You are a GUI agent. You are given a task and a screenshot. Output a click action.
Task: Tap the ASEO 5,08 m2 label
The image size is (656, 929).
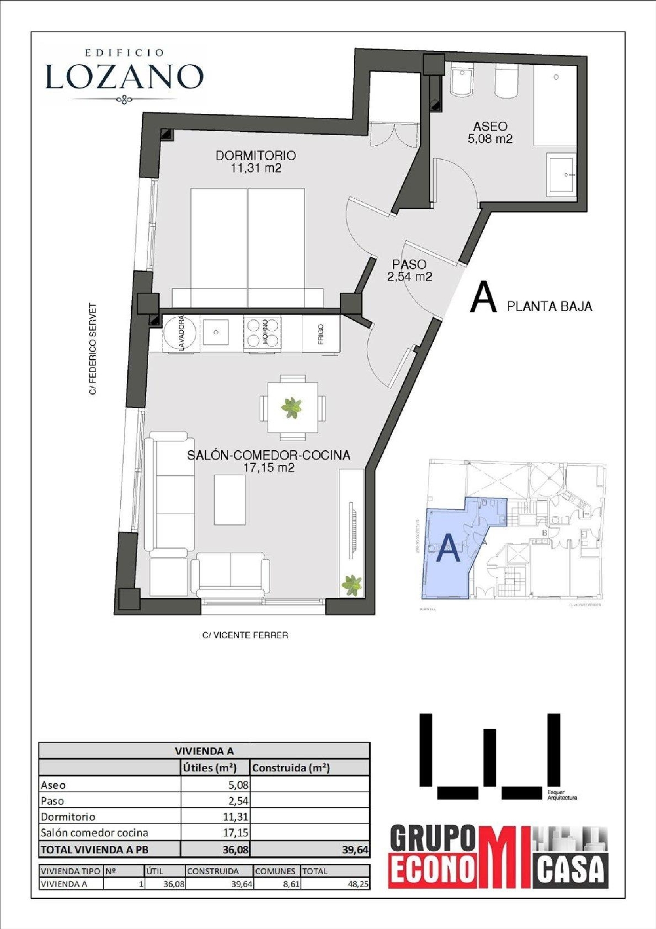click(x=490, y=133)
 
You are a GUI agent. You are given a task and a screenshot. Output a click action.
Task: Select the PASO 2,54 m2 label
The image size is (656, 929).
click(x=409, y=270)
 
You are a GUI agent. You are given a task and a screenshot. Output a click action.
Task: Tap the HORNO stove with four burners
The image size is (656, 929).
click(x=262, y=333)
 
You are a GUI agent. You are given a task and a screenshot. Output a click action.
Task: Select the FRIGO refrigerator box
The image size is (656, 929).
click(x=321, y=333)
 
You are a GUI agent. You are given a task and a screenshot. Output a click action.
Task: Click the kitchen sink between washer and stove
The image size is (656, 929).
click(x=216, y=332)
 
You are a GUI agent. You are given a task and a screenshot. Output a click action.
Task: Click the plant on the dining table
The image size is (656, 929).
click(x=292, y=408)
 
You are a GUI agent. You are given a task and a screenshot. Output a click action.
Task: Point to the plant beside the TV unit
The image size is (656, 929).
click(x=352, y=585)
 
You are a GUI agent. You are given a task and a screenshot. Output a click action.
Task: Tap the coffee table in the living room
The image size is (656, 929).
click(x=230, y=500)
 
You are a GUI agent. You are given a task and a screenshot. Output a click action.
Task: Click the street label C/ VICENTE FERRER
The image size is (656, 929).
click(x=245, y=635)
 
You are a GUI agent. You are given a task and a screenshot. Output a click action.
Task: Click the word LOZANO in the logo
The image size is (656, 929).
click(x=125, y=77)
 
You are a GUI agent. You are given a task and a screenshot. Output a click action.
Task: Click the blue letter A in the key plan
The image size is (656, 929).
click(x=449, y=549)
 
